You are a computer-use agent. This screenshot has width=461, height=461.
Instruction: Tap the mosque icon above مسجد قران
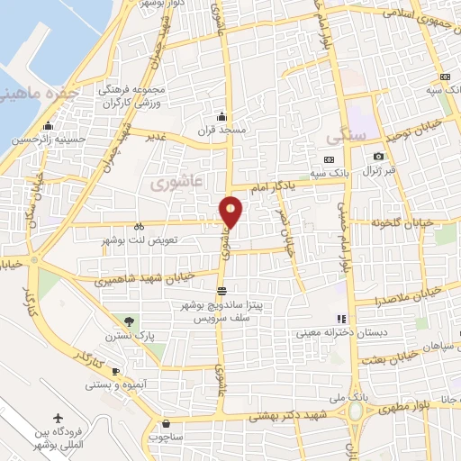[x=221, y=115]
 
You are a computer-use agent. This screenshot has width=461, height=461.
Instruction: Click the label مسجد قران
[x=221, y=130]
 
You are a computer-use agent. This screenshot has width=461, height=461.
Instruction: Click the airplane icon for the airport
[x=59, y=419]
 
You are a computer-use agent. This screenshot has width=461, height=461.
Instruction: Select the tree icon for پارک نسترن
[x=131, y=321]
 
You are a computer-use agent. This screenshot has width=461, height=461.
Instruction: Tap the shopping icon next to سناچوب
[x=165, y=422]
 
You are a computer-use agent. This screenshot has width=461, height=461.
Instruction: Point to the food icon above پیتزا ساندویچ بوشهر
[x=221, y=290]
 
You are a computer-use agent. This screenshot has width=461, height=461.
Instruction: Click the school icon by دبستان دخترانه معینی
[x=340, y=319]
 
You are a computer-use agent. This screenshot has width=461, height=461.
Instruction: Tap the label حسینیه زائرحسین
[x=37, y=140]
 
